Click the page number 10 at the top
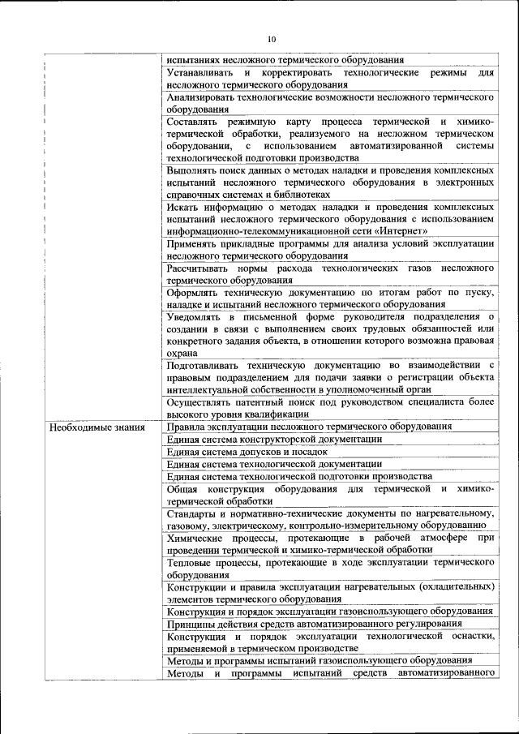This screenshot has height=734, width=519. click(272, 39)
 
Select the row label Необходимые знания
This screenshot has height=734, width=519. click(97, 427)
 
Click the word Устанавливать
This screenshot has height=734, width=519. click(199, 73)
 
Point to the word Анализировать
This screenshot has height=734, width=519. click(204, 97)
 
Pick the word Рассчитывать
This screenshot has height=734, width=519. click(199, 267)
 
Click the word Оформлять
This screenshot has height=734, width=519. click(195, 292)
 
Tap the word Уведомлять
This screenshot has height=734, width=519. click(195, 315)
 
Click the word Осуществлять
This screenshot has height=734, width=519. click(202, 401)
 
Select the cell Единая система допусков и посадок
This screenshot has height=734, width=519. click(247, 451)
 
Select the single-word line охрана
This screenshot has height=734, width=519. click(182, 353)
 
